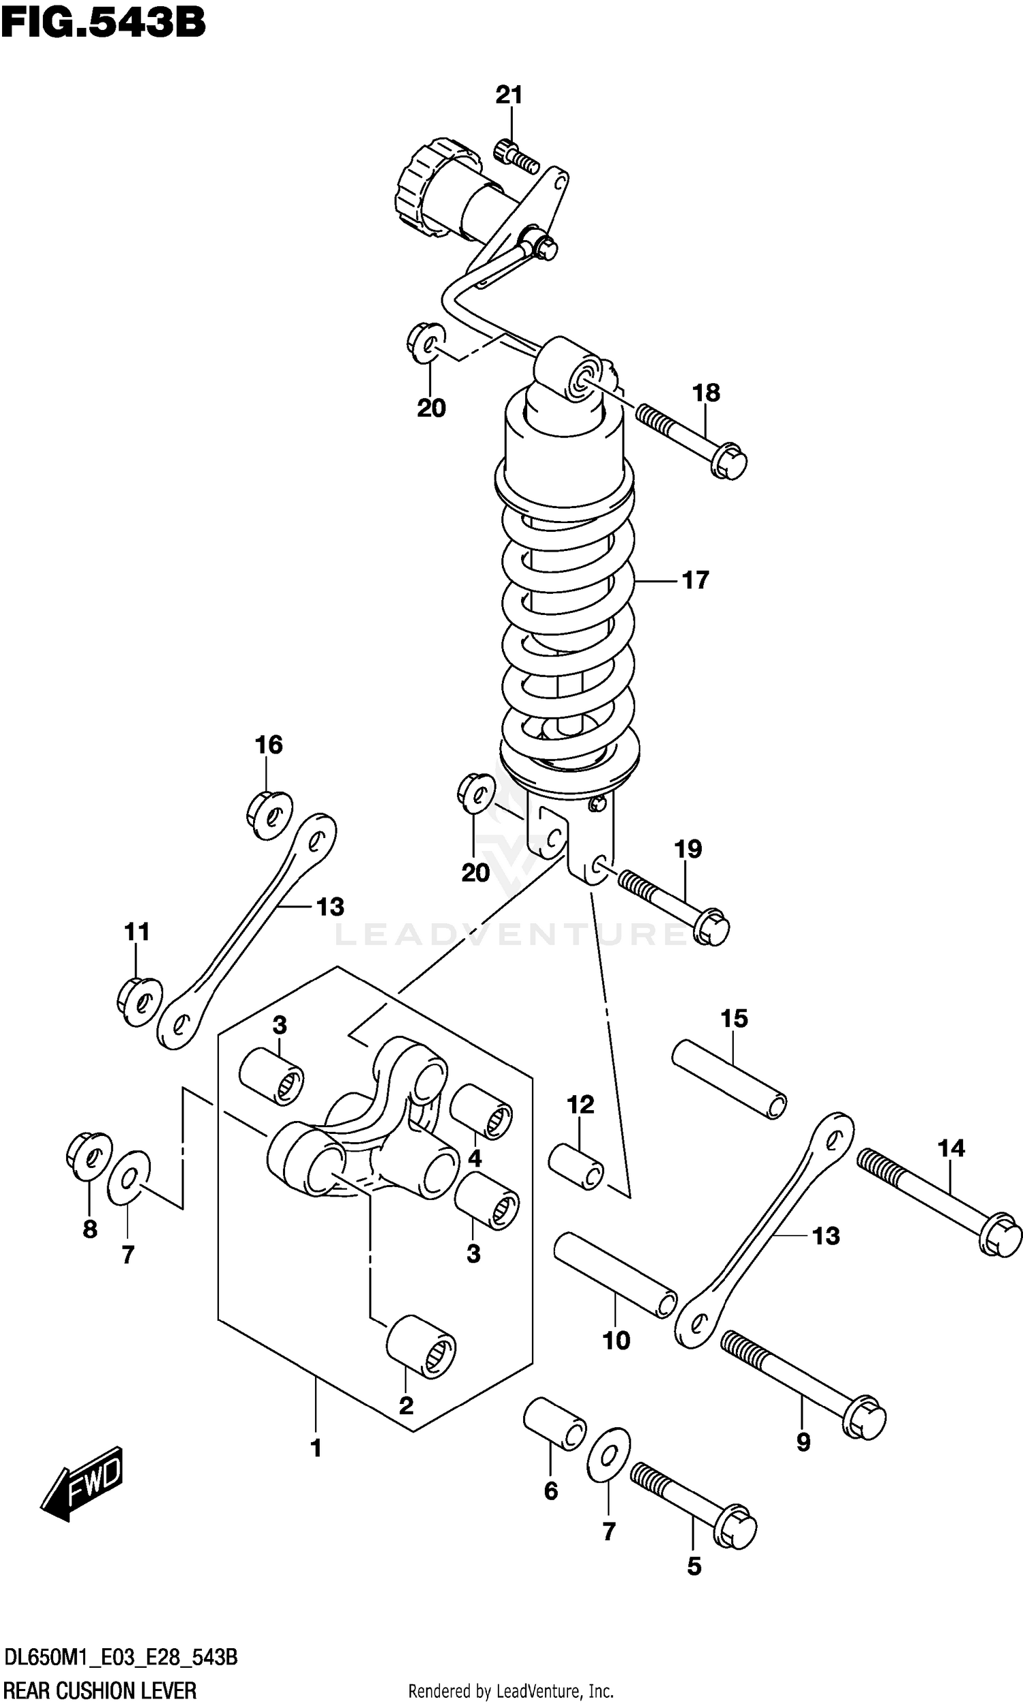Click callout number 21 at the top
509,95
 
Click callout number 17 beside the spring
695,580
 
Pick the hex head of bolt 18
729,462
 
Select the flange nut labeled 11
140,1002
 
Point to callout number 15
733,1019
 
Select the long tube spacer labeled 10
616,1274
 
